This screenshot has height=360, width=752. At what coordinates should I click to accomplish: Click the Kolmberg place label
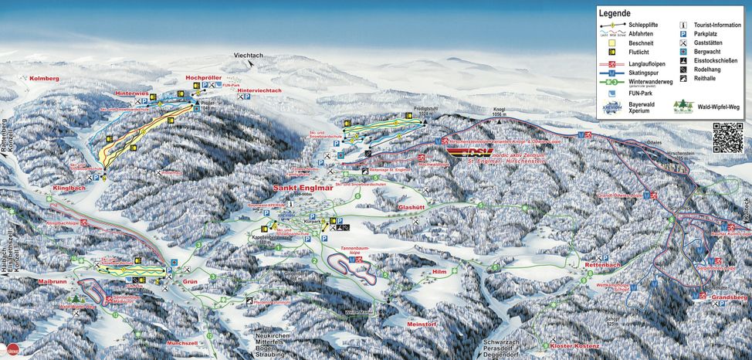44,79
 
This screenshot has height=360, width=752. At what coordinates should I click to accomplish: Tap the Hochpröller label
205,77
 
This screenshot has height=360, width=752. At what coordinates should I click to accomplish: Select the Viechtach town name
249,56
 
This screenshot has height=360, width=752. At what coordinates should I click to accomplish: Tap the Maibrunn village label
53,283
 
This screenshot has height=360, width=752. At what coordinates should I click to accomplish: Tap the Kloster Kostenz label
574,346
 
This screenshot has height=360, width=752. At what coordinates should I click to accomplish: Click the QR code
727,138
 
